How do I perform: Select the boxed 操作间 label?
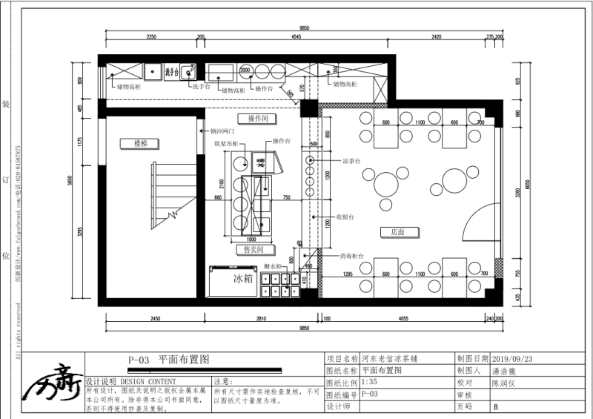[256, 119]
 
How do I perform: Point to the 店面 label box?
[392, 232]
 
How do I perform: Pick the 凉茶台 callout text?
[350, 160]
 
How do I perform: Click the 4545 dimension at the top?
[296, 36]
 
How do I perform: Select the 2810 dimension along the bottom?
[256, 318]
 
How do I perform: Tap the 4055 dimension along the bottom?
[403, 318]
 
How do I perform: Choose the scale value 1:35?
[368, 383]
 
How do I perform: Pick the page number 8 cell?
[495, 407]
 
